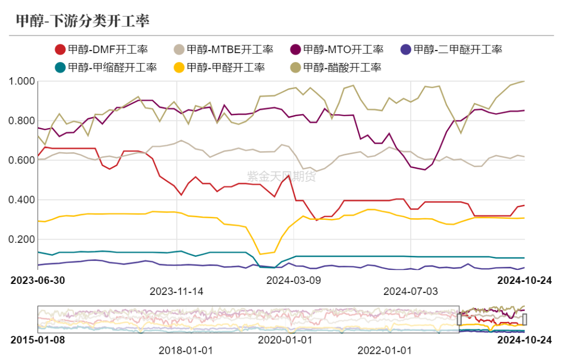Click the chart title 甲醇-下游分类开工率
coord(82,21)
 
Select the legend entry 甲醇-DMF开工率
coord(102,50)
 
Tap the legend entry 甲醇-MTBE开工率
coord(224,50)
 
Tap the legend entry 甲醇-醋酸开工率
coord(336,67)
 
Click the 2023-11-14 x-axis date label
coord(177,291)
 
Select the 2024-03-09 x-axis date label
coord(293,280)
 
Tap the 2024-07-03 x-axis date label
coord(410,291)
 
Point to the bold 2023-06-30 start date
coord(38,280)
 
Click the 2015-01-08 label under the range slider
coord(38,340)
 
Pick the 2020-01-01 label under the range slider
coord(285,340)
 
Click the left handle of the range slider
coord(459,319)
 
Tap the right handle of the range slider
coord(524,319)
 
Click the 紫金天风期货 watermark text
coord(281,177)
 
